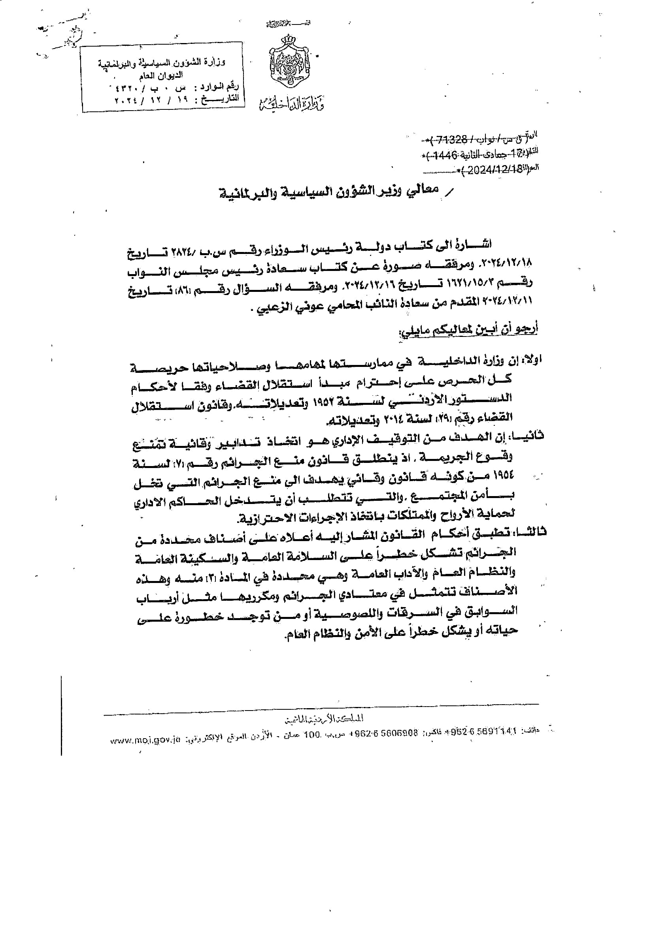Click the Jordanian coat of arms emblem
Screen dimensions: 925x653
click(290, 62)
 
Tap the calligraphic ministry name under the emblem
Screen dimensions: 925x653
click(291, 103)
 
